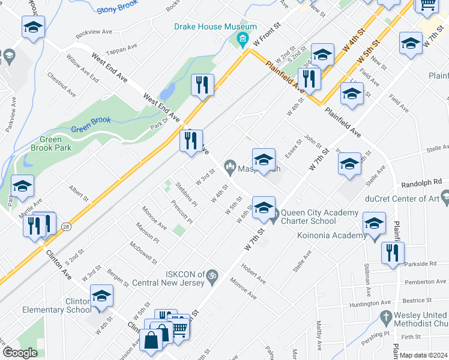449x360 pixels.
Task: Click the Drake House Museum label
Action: [215, 27]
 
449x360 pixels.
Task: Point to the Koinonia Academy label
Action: [331, 235]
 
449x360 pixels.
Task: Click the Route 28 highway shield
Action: [65, 226]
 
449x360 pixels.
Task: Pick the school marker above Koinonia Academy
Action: [374, 225]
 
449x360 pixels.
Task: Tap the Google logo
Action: [20, 353]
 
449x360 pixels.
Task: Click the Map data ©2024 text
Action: [423, 355]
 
